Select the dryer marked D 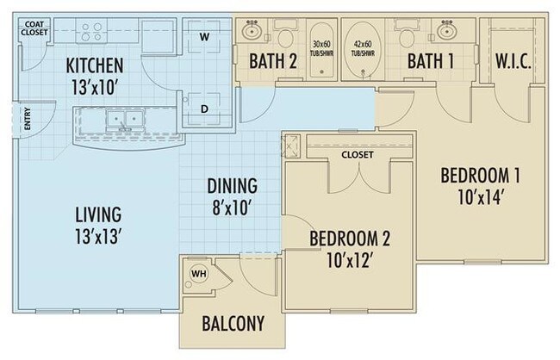(x=205, y=110)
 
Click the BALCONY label (x=232, y=325)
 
